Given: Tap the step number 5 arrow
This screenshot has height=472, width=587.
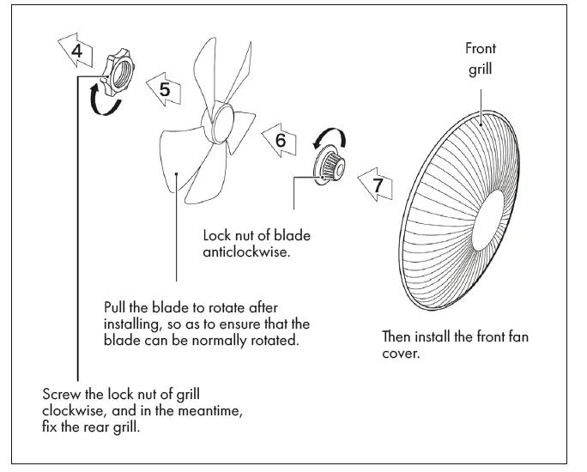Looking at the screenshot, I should tap(163, 88).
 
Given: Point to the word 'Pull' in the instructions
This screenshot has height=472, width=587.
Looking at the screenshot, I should tap(117, 307).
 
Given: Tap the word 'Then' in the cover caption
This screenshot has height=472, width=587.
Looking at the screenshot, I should tap(398, 337).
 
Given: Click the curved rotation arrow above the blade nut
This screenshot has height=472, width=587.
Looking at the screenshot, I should tap(330, 136).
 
